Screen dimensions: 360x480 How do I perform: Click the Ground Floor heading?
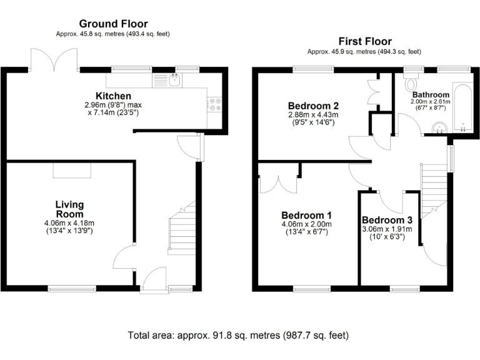click(113, 24)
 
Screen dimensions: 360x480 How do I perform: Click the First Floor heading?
click(365, 41)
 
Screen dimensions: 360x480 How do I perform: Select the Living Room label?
click(69, 209)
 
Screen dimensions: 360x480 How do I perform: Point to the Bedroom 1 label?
click(306, 214)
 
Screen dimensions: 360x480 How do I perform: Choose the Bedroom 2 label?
click(313, 105)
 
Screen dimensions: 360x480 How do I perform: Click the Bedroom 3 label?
click(387, 220)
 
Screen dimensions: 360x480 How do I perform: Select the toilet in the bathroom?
click(412, 84)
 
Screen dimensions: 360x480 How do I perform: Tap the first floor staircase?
click(433, 187)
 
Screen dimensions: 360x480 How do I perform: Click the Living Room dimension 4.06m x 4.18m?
click(69, 223)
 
